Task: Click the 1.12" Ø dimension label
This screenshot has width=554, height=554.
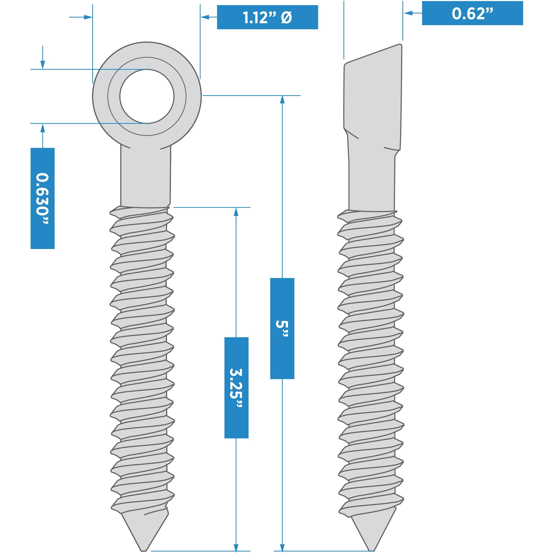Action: click(267, 17)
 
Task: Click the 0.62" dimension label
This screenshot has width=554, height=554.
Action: click(472, 13)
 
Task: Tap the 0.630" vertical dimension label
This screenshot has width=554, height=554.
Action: click(42, 198)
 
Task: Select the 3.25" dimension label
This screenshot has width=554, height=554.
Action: click(236, 387)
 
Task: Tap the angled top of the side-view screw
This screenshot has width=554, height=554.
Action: click(373, 54)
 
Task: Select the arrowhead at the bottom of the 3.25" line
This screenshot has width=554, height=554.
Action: click(236, 547)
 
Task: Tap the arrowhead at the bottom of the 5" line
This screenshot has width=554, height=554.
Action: click(282, 547)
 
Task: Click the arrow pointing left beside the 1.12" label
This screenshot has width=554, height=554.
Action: click(204, 17)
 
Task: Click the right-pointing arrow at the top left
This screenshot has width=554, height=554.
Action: click(88, 17)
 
